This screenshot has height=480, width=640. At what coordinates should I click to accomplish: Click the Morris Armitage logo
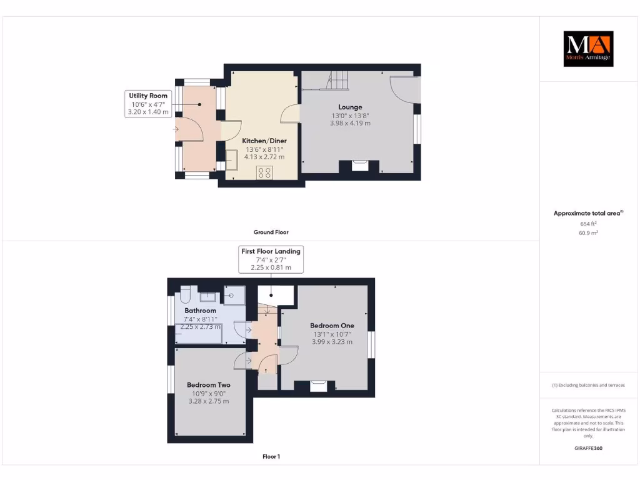[588, 49]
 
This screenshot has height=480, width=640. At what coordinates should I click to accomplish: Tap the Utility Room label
[149, 96]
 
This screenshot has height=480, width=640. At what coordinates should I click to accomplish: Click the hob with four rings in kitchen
[264, 172]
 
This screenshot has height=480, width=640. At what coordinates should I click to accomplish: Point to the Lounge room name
[351, 107]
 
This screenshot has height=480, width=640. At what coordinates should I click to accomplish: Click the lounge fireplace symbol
[359, 165]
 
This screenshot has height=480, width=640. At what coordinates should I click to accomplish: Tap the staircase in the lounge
[337, 80]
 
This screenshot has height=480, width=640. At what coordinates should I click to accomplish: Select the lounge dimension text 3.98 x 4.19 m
[351, 123]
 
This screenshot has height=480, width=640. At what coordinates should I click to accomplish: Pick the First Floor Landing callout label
[271, 251]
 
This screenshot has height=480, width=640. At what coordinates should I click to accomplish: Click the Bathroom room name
[200, 311]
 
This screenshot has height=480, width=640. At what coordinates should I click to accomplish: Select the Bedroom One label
[332, 326]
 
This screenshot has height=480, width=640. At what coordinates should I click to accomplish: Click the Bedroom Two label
[209, 385]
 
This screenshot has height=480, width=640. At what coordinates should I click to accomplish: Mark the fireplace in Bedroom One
[318, 386]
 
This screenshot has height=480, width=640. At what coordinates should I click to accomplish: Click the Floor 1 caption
[271, 457]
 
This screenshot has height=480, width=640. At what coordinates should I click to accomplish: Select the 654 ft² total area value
[587, 223]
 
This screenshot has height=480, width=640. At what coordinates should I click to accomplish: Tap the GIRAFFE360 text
[587, 448]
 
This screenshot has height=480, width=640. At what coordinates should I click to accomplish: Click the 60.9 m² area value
[587, 232]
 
